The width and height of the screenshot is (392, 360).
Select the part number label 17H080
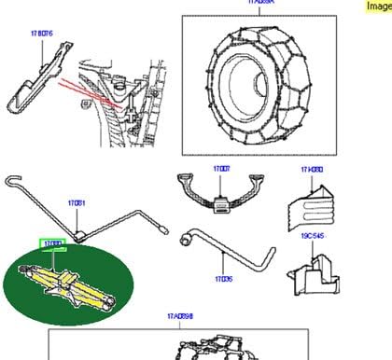click(x=311, y=170)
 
